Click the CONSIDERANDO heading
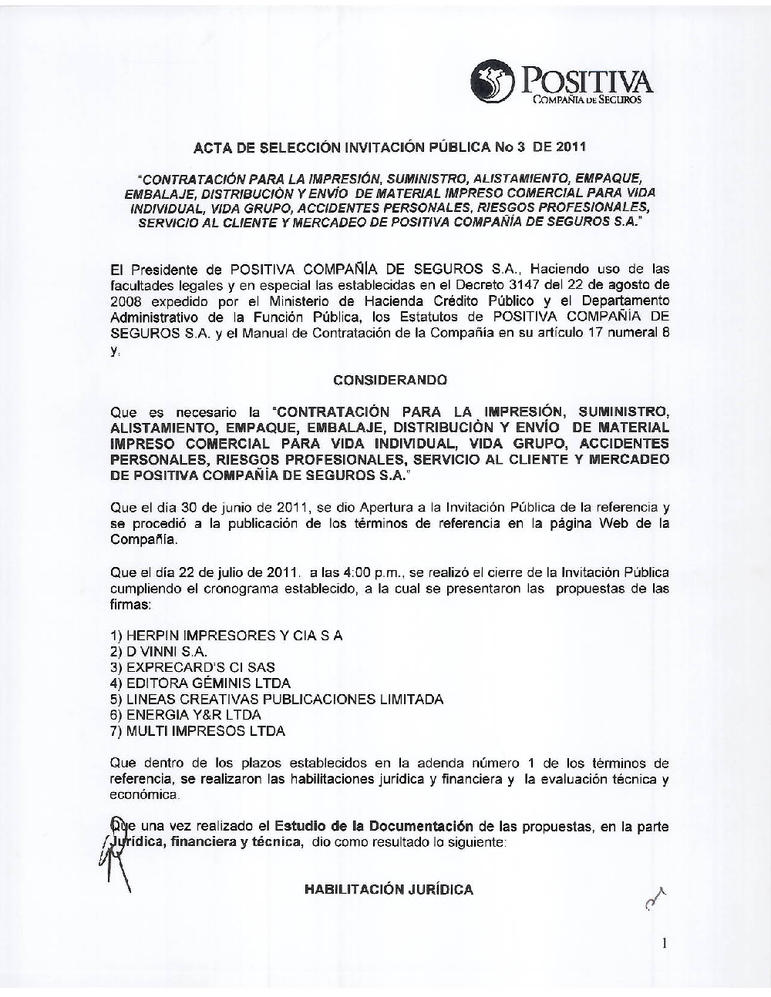[x=389, y=380]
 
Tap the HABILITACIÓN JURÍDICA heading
[x=389, y=890]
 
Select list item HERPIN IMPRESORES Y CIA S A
[x=227, y=636]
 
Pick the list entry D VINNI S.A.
[x=159, y=652]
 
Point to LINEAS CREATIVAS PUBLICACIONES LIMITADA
[x=277, y=700]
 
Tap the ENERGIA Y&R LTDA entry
[x=186, y=715]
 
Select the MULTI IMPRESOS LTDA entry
[x=197, y=731]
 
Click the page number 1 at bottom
[x=664, y=942]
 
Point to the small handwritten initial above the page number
[x=654, y=898]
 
